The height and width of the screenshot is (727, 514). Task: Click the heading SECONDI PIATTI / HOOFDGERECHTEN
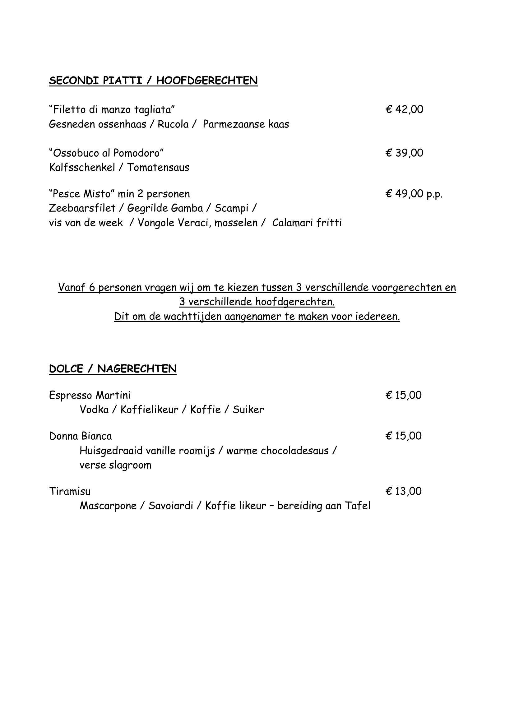point(153,81)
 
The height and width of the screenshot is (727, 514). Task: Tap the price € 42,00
point(404,109)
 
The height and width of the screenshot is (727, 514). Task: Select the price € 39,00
point(404,153)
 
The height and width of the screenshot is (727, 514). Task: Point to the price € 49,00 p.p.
point(414,193)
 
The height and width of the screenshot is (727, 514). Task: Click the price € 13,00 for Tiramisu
point(404,491)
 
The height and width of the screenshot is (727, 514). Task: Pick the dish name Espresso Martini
point(90,395)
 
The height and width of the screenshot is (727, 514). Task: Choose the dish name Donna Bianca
point(81,436)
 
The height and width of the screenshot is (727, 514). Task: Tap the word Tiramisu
point(70,491)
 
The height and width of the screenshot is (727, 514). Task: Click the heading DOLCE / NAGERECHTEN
point(113,368)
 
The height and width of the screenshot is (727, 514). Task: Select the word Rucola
point(173,124)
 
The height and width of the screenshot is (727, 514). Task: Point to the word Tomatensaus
point(158,167)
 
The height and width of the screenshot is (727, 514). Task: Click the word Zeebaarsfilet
point(82,208)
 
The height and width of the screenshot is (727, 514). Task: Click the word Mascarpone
point(108,506)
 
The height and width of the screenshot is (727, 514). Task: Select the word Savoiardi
point(171,506)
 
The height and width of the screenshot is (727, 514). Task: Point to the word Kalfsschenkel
point(82,167)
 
